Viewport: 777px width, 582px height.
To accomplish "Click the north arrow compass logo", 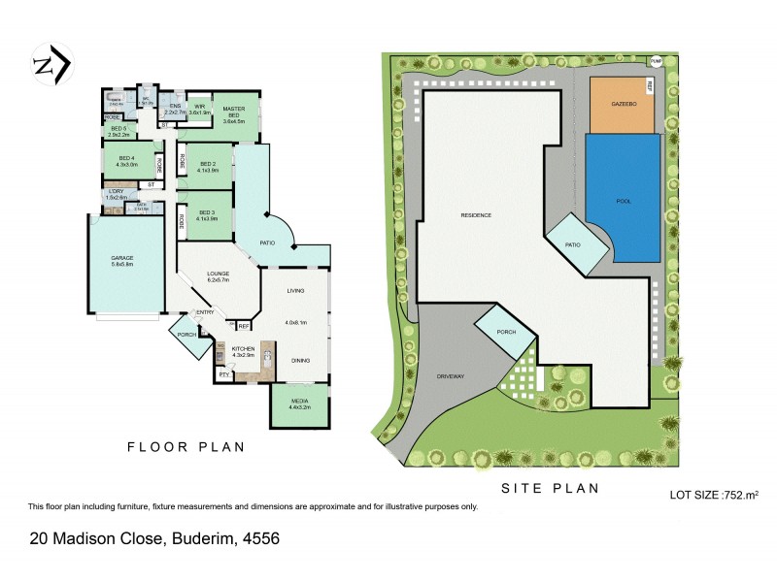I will [x=50, y=65].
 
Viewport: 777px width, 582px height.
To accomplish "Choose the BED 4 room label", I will [x=127, y=161].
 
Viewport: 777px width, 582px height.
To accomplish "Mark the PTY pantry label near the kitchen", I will [x=222, y=373].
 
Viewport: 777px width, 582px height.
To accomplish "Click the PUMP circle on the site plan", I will [x=656, y=60].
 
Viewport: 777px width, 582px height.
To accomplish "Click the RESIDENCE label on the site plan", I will [x=476, y=214].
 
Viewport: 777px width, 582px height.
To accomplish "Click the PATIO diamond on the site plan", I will [x=574, y=243].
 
